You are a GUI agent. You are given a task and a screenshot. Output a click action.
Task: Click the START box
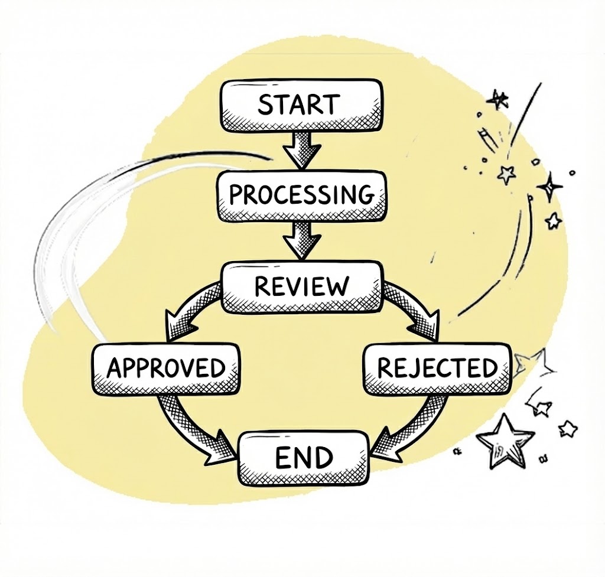(x=299, y=106)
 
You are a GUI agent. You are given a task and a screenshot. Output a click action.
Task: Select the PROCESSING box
(x=301, y=195)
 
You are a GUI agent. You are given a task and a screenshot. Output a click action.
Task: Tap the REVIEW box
(x=301, y=286)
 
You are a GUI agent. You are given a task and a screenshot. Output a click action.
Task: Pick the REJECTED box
(x=437, y=369)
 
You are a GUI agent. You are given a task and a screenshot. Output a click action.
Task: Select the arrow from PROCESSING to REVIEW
(x=301, y=240)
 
